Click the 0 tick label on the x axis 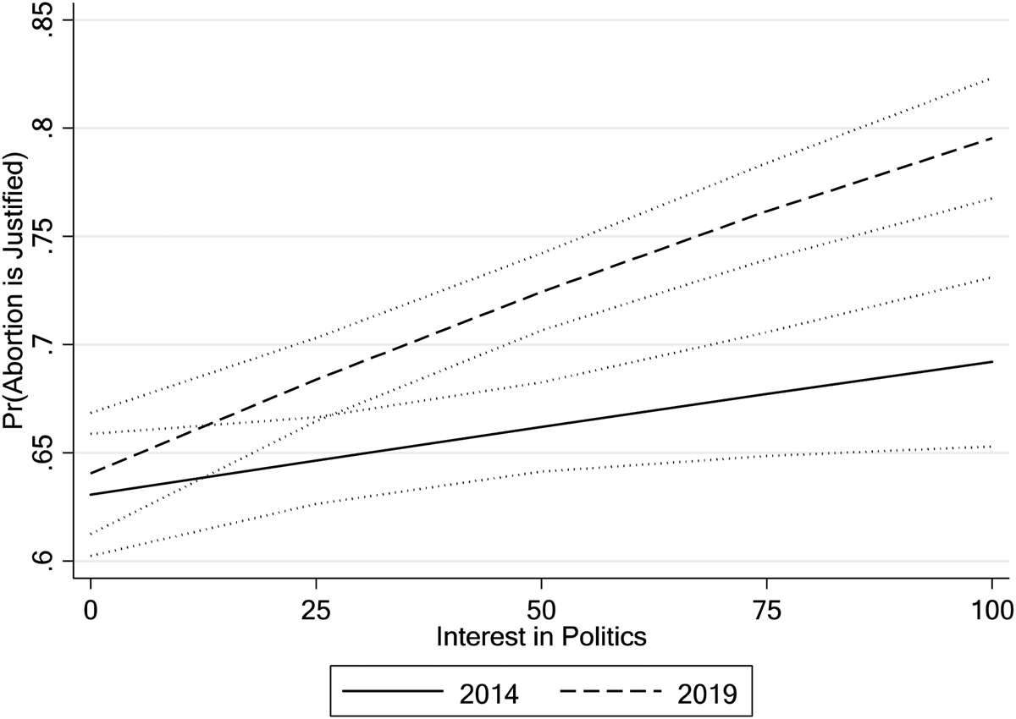[x=90, y=608]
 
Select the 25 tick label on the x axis [x=315, y=608]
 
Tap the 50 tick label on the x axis [x=540, y=608]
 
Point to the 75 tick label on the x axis [x=765, y=608]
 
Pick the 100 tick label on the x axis [x=989, y=608]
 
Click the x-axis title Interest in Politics [x=541, y=637]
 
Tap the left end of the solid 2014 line [x=90, y=494]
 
